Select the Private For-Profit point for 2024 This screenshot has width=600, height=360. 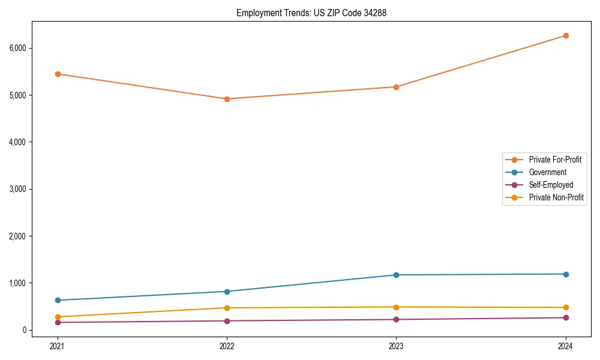click(566, 35)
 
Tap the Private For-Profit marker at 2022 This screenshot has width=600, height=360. click(227, 99)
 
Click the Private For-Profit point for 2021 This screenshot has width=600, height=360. click(58, 74)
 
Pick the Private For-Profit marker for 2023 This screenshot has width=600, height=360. click(396, 87)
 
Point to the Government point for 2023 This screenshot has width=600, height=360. click(396, 275)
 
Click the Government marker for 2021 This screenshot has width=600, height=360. click(58, 300)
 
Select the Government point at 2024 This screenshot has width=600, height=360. click(566, 274)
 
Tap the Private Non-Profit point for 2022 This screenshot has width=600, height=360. click(227, 308)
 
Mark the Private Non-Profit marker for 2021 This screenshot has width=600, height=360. click(58, 317)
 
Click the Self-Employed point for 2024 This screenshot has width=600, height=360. click(566, 317)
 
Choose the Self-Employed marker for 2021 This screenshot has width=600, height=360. click(58, 322)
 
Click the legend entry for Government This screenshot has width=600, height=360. click(547, 172)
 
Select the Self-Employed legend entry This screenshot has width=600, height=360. click(551, 185)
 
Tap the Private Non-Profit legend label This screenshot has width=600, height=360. click(556, 197)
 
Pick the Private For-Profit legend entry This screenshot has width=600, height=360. click(555, 160)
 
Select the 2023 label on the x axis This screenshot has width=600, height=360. click(396, 346)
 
